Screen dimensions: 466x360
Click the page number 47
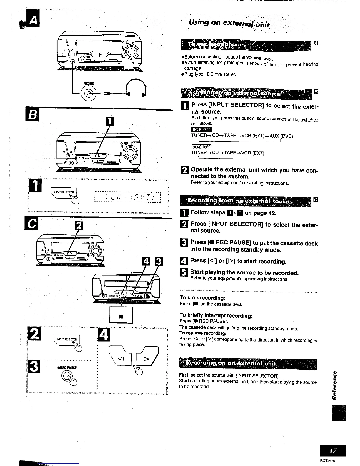pos(333,451)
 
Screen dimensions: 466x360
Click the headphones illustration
pos(136,88)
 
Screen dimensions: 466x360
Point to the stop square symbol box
pos(121,316)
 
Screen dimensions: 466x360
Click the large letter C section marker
pos(31,225)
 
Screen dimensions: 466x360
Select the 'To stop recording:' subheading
pos(202,298)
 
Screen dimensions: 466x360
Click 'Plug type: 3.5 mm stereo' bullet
pos(209,74)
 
